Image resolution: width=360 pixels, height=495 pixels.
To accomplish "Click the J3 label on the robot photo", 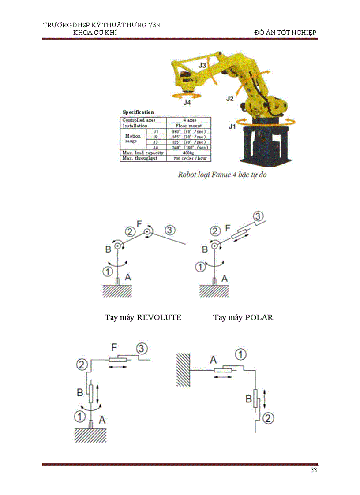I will click(202, 65).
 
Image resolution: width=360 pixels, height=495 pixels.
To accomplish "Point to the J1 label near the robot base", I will click(232, 127).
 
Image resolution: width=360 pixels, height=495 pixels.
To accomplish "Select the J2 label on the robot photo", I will click(230, 98).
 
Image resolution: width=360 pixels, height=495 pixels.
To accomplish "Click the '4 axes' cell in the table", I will click(188, 120).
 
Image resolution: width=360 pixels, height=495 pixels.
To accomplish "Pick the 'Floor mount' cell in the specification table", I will click(188, 126).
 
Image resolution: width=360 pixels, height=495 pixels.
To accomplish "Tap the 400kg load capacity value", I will click(188, 153).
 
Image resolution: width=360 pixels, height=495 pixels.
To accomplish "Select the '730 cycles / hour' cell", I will click(188, 158).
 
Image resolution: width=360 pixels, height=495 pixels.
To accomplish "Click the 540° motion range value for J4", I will click(188, 147).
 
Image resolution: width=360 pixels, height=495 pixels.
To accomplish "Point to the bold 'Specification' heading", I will click(138, 112).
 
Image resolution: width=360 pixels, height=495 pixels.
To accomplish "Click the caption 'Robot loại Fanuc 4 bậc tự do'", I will click(222, 175).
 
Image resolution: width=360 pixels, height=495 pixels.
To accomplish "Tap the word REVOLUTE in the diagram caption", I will click(159, 317).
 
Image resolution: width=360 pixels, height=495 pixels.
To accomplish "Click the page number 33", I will click(313, 470).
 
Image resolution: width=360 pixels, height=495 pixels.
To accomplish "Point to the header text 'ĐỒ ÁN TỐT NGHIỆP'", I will click(285, 33).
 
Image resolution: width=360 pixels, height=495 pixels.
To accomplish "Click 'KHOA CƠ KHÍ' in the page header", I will click(95, 33).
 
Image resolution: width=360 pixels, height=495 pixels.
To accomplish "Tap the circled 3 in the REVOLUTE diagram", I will click(170, 230).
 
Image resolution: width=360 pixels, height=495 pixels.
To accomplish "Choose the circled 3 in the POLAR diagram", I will click(259, 216).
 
